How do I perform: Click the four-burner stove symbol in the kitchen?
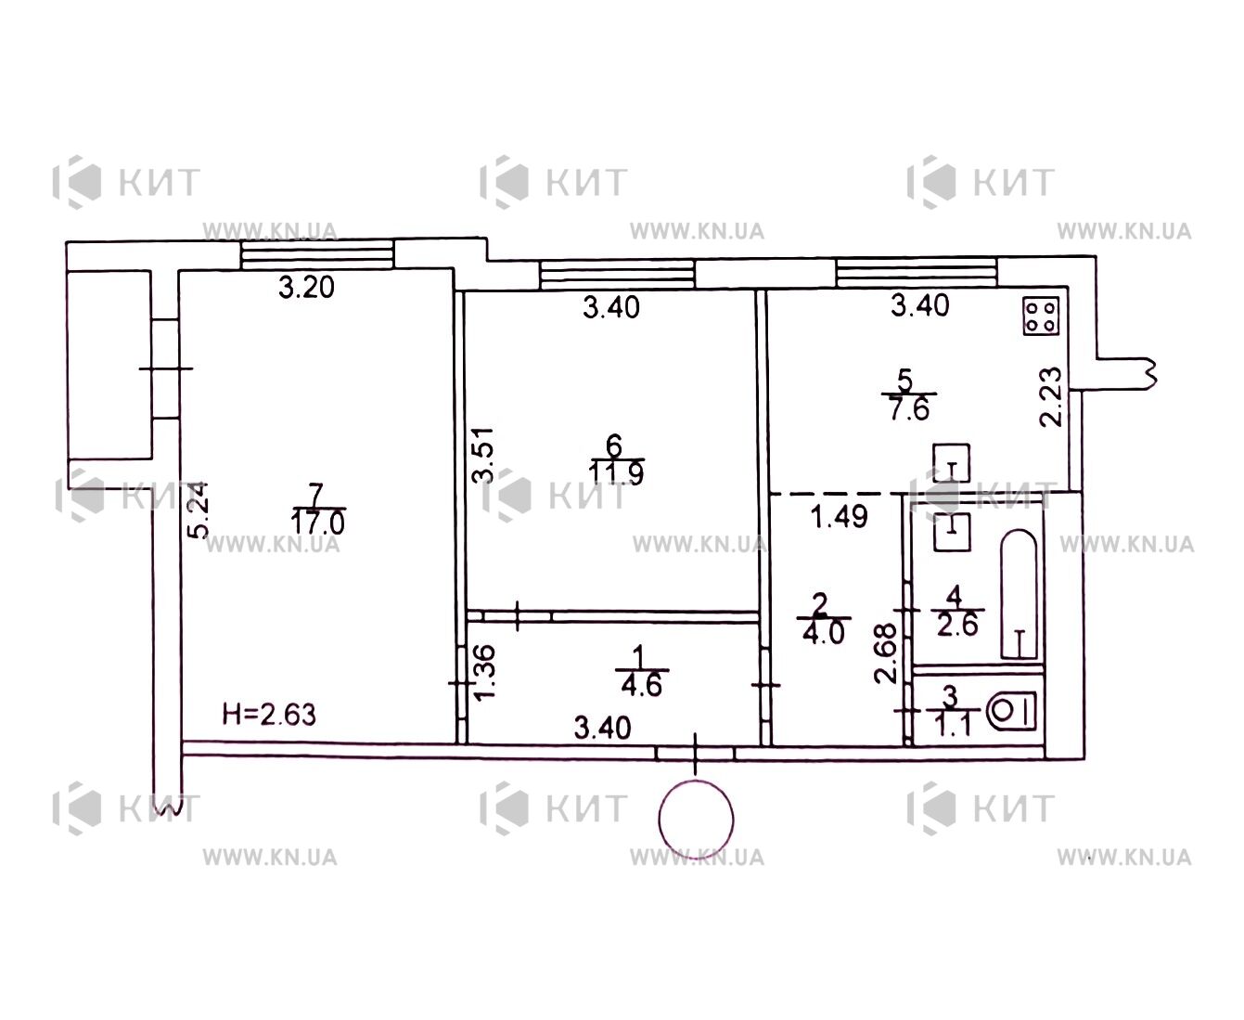[x=1041, y=316]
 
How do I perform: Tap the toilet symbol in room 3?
[x=1013, y=711]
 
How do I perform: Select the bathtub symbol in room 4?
[x=1019, y=594]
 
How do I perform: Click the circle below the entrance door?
[x=696, y=820]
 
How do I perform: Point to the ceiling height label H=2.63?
[x=269, y=715]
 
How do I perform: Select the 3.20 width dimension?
[x=306, y=288]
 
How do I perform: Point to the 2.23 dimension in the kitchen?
[x=1050, y=396]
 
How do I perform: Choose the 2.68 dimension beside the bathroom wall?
[x=885, y=654]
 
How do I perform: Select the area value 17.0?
[x=317, y=523]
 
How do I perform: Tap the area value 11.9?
[x=616, y=472]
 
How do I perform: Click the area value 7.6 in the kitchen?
[x=909, y=408]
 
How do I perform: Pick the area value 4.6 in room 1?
[x=642, y=686]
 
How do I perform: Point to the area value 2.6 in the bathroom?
[x=958, y=625]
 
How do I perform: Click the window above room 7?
[x=317, y=255]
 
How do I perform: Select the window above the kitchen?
[x=917, y=272]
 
